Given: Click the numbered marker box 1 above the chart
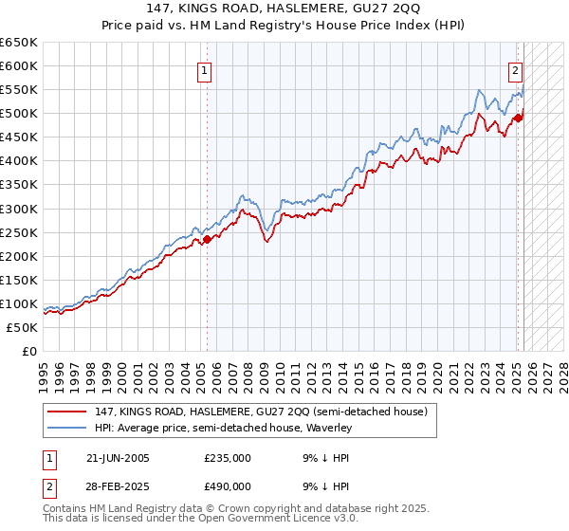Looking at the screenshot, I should tap(205, 69).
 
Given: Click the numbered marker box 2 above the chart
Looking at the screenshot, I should tap(515, 69).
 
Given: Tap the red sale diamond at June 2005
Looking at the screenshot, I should tap(207, 239).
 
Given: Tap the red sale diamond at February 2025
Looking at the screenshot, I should tap(518, 118).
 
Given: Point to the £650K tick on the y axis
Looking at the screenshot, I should tap(19, 43).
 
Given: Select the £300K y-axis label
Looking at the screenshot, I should tap(19, 209).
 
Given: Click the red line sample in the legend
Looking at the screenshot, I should tap(66, 412).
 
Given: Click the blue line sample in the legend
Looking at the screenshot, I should tap(66, 429).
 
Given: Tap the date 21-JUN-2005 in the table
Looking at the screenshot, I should tap(118, 458).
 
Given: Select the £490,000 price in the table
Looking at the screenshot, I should tap(228, 485).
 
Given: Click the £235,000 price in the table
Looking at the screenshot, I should tap(228, 458).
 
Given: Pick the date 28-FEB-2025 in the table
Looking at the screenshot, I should tap(118, 485).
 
